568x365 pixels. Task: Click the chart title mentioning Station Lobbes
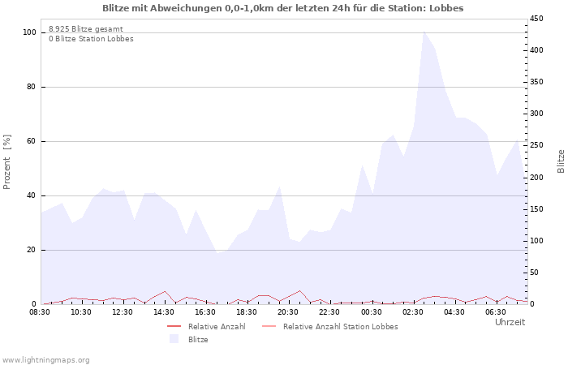point(283,8)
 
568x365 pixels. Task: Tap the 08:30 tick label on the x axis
point(40,311)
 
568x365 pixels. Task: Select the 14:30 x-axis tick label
point(164,311)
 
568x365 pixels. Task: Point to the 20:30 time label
point(288,311)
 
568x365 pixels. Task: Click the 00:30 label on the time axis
point(371,311)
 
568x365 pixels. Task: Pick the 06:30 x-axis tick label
point(495,311)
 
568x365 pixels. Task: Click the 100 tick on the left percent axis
point(30,32)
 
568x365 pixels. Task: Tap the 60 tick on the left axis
point(32,141)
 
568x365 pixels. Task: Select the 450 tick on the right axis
point(538,19)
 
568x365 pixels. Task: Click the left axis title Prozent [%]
point(7,162)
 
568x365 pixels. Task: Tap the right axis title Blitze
point(561,161)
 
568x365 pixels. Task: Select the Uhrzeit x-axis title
point(510,322)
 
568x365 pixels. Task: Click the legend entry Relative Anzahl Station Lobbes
point(340,326)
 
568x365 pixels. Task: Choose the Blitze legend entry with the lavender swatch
point(198,339)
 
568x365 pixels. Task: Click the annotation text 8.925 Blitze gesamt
point(86,28)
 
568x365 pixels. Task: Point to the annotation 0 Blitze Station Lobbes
point(91,38)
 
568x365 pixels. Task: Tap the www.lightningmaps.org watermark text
point(46,359)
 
